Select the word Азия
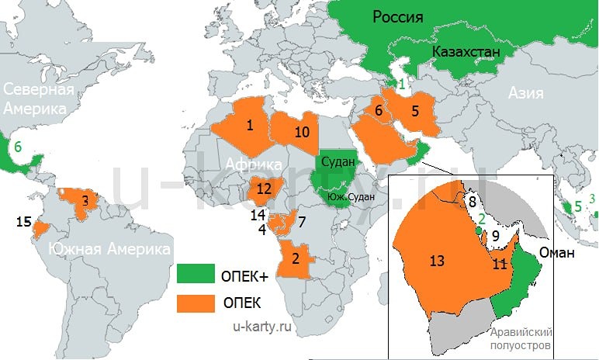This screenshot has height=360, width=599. coord(526,93)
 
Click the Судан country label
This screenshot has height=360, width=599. coord(336,162)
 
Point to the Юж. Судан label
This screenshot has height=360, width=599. coord(356,197)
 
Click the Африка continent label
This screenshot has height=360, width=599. coord(254,164)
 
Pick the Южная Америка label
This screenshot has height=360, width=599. coord(109,249)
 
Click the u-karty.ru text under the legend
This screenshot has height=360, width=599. coord(263,327)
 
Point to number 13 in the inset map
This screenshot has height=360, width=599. coord(437,261)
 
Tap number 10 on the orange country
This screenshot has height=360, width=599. coord(302,132)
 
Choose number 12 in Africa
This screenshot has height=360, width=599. coord(265,188)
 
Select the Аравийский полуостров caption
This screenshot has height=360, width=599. coord(520,337)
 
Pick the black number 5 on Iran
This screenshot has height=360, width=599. coord(414,110)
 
